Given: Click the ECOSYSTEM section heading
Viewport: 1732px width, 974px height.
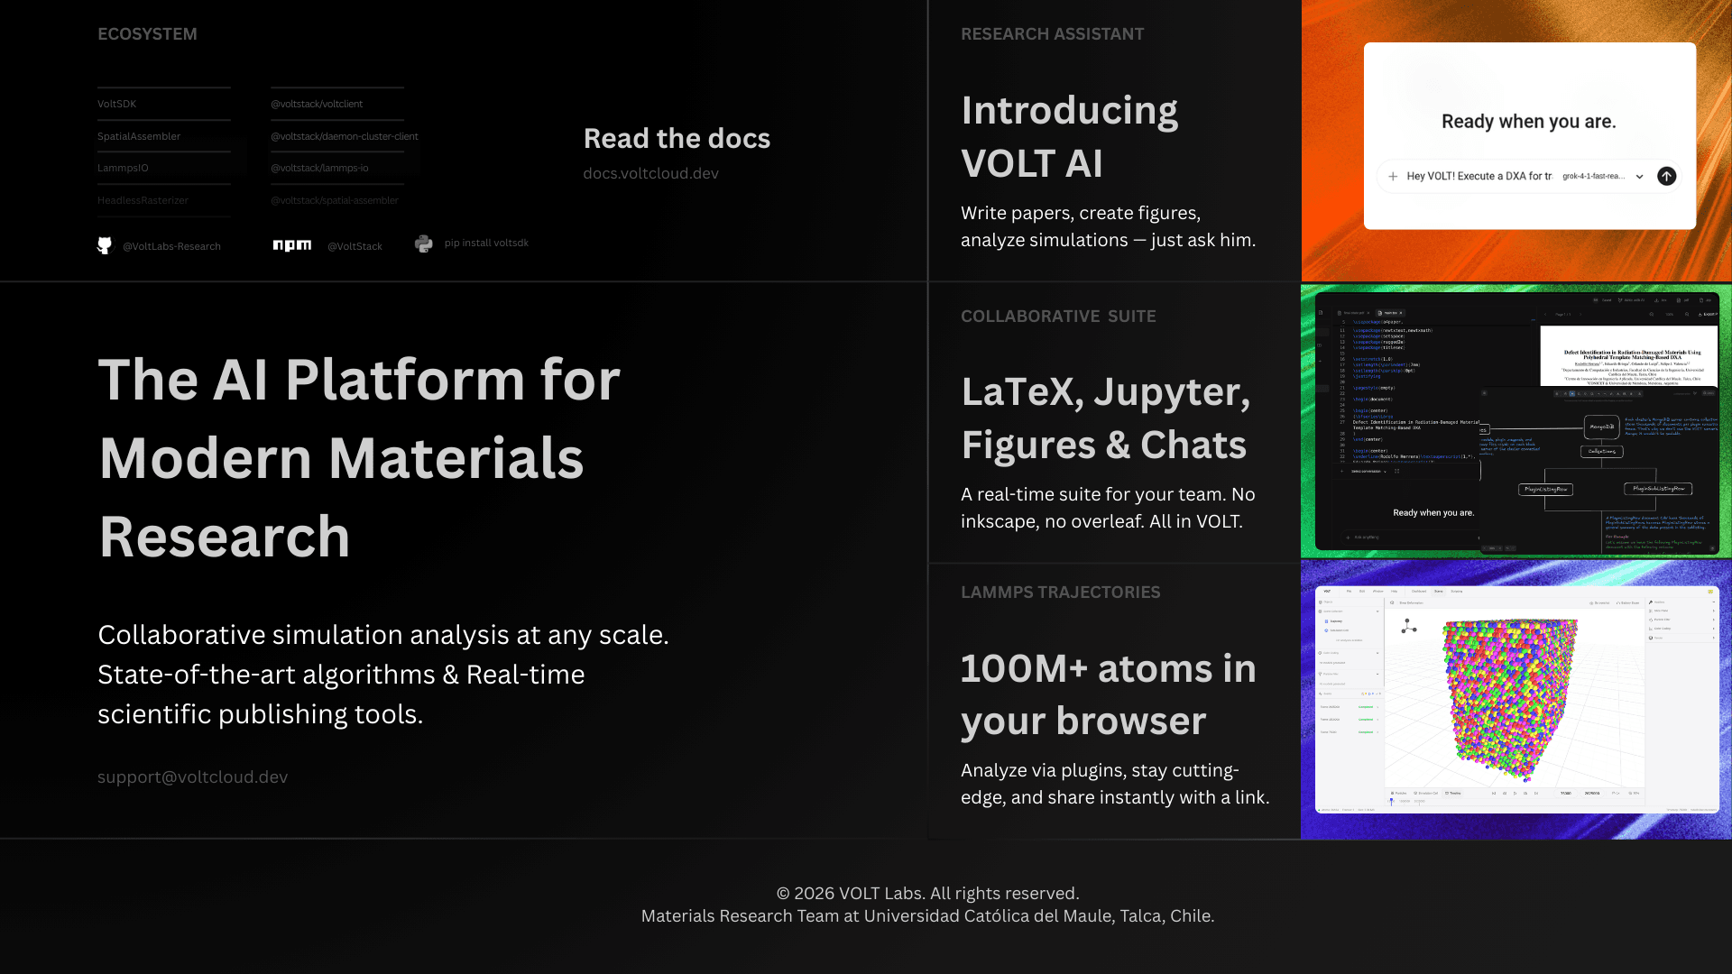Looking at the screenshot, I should click(147, 34).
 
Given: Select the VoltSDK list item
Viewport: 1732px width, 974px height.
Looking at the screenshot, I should click(117, 104).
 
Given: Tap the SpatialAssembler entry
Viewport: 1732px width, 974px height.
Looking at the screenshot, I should click(139, 136).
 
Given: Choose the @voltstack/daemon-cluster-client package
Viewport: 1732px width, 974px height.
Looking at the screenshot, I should click(345, 136).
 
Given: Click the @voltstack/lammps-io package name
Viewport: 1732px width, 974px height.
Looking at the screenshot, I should click(319, 168).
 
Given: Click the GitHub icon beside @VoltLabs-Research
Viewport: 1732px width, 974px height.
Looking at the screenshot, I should click(105, 245).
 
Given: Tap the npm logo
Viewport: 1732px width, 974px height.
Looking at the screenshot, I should click(292, 245).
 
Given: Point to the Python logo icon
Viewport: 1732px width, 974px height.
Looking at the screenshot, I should click(424, 243).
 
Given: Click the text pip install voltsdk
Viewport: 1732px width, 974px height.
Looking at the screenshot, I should click(486, 243).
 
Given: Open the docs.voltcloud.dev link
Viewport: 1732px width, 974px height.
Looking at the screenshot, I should click(650, 173).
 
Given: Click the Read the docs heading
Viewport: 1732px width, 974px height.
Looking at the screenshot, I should click(677, 138).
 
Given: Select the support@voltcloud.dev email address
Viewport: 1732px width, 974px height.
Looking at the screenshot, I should click(192, 776).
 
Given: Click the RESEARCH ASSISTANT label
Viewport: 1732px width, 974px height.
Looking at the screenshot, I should click(1052, 34).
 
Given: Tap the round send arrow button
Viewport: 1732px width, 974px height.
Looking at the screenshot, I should click(1666, 176).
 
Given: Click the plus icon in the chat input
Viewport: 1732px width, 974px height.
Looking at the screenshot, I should click(1393, 176).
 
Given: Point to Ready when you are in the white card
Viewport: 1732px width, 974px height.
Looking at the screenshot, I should click(1528, 122).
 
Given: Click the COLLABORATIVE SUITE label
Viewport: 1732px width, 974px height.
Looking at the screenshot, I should click(1058, 317).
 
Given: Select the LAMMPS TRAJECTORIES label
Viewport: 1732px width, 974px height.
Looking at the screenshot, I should click(1060, 593).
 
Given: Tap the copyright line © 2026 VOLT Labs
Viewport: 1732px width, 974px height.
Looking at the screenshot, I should click(927, 893).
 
